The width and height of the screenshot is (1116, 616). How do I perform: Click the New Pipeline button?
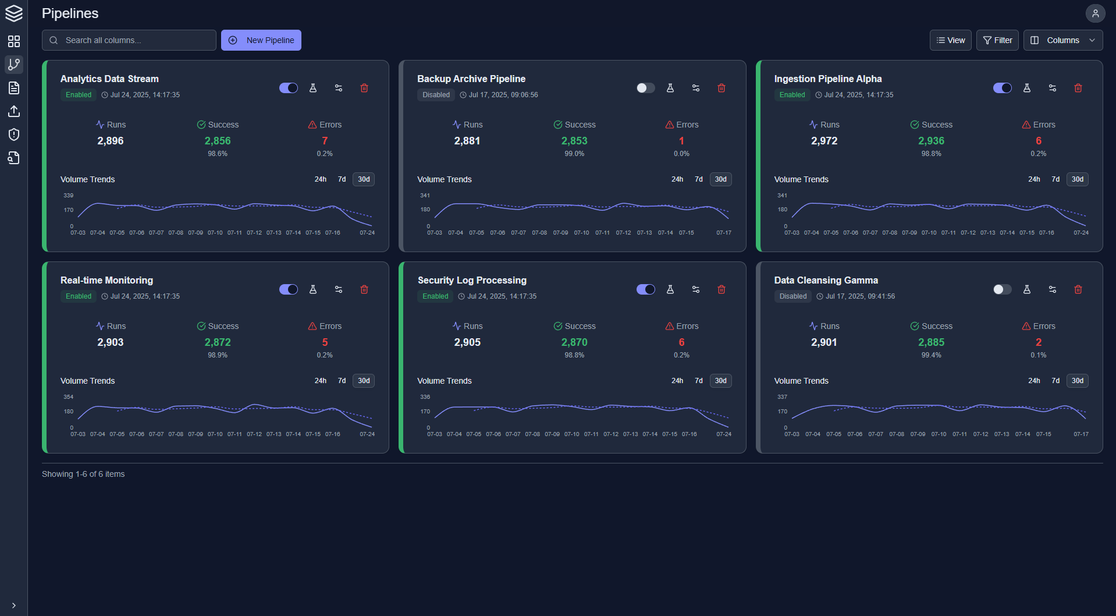261,40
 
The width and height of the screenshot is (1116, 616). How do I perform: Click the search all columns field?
129,40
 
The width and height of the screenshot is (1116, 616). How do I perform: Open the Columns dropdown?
1062,40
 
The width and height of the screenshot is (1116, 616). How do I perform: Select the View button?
950,40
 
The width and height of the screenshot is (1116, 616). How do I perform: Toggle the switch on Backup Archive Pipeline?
645,88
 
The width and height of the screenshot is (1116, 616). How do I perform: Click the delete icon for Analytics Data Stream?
364,88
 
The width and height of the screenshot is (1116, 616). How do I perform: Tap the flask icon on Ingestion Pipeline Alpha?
1027,88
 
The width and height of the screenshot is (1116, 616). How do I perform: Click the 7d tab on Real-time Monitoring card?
342,381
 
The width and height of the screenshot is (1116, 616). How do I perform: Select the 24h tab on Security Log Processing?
677,381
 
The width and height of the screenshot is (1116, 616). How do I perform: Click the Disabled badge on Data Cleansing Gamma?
792,296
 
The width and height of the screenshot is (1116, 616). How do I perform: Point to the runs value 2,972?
824,141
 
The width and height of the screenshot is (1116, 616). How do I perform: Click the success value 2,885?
931,342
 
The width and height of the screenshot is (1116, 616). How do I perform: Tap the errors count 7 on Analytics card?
325,141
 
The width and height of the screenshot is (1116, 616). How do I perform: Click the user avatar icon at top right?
1095,13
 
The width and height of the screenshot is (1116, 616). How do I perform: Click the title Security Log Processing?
472,280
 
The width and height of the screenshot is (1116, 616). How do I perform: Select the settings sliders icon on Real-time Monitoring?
339,289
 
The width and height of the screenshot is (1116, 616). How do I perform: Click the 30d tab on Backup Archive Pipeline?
720,179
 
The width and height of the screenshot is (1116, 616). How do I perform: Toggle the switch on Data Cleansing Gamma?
1002,289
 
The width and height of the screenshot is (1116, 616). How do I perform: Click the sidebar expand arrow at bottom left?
14,606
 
